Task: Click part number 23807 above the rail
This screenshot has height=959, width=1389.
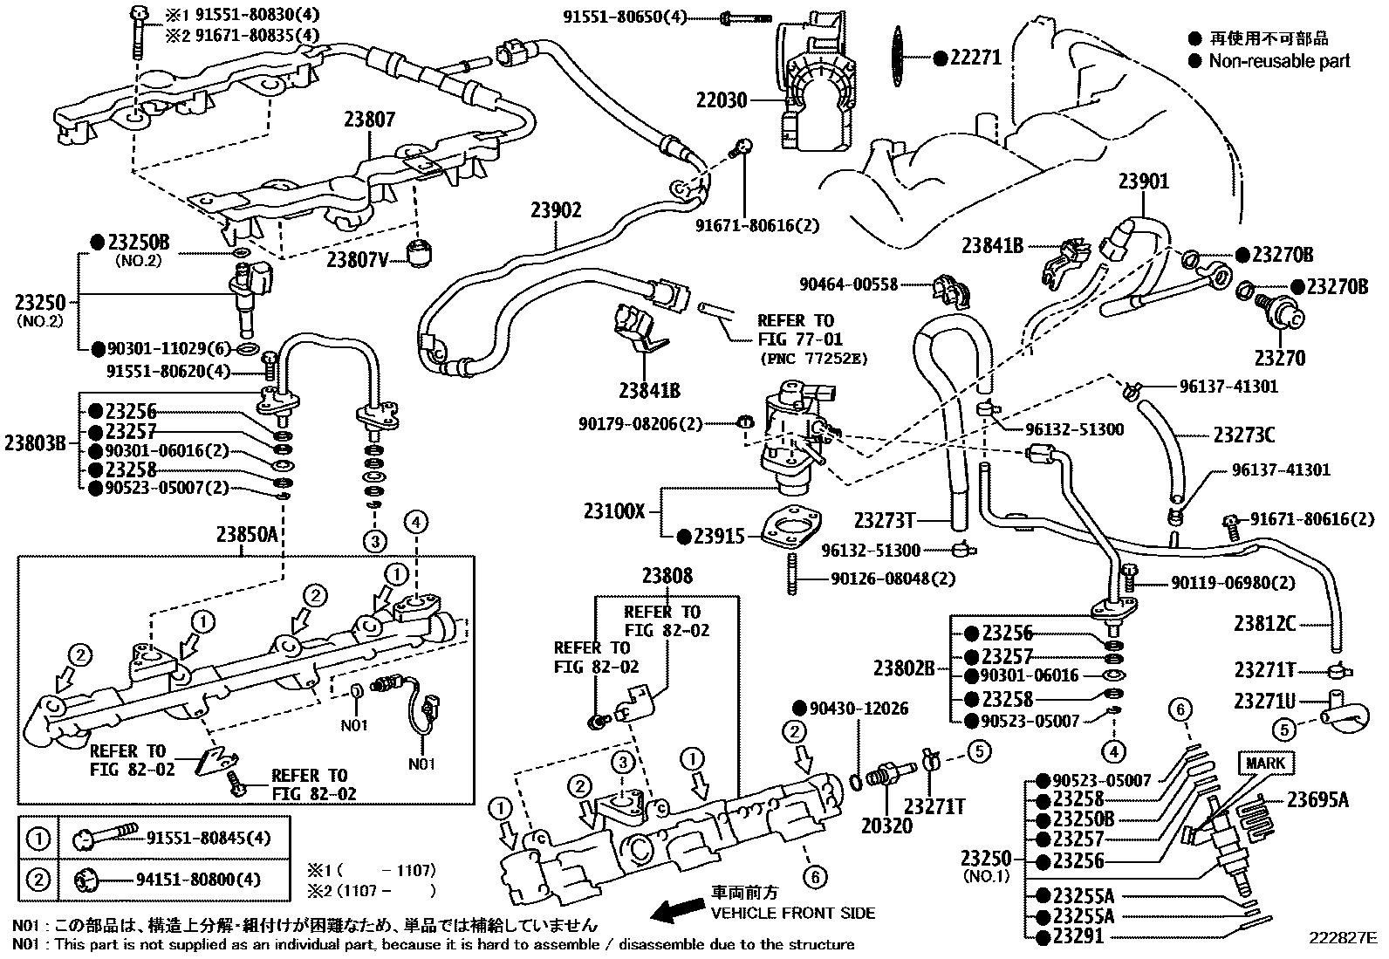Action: tap(369, 120)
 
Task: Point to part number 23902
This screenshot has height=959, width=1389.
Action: tap(556, 210)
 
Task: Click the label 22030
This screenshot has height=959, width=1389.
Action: tap(722, 100)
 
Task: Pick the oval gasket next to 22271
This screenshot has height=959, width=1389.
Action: tap(897, 57)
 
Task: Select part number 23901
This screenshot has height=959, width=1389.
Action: tap(1144, 182)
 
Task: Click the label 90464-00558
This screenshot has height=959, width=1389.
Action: tap(848, 284)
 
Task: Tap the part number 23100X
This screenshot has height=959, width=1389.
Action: tap(614, 510)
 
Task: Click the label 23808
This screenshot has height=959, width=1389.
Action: tap(667, 576)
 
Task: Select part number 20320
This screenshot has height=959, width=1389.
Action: tap(886, 825)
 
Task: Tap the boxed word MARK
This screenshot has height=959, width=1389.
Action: tap(1265, 763)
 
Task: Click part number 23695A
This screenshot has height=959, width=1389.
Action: tap(1317, 798)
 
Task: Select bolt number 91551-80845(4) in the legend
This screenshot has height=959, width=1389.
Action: tap(209, 839)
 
